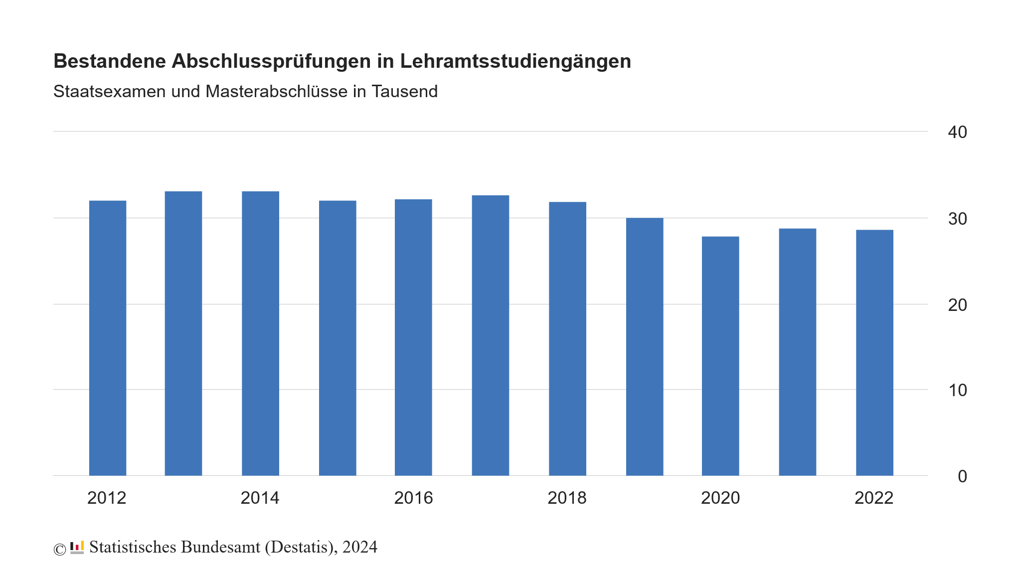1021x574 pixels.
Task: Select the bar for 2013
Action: tap(183, 333)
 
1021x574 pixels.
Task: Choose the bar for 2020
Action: tap(720, 356)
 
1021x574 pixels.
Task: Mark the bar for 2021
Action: tap(798, 352)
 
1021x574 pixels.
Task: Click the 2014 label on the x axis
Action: tap(260, 498)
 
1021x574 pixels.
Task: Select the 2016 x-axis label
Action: tap(414, 498)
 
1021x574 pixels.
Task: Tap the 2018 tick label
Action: tap(567, 498)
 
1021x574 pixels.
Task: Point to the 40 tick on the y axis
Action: tap(957, 132)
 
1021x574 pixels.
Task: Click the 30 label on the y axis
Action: tap(957, 219)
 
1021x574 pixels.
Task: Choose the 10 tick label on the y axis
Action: tap(957, 390)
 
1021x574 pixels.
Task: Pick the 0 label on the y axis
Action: tap(962, 476)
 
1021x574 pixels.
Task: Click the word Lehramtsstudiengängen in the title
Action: tap(515, 61)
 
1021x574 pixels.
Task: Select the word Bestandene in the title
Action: tap(110, 61)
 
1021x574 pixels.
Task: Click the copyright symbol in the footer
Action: tap(60, 549)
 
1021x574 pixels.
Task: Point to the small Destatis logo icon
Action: tap(77, 547)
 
